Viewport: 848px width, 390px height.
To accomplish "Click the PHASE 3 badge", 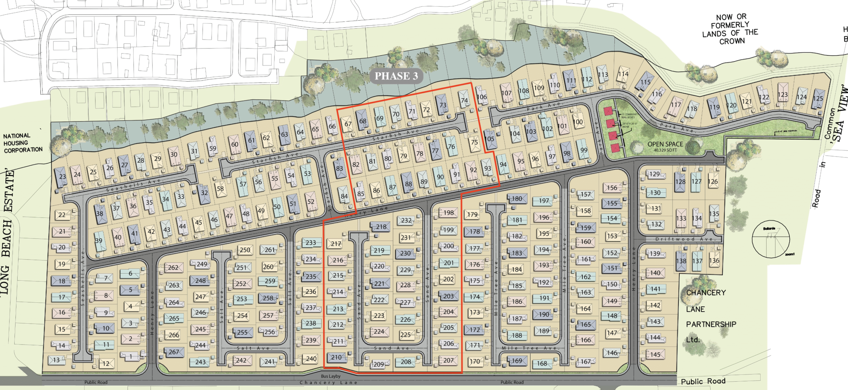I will click(396, 76).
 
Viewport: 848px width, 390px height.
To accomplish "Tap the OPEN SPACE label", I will click(665, 144).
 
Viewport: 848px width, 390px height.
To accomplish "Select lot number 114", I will click(623, 74).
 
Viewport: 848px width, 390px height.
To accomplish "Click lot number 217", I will click(336, 244).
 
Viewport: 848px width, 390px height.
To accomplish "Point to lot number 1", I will click(131, 357).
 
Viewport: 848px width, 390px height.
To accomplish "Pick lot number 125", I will click(818, 98).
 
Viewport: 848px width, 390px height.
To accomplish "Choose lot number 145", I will click(655, 355).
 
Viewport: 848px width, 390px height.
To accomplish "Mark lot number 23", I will click(63, 176).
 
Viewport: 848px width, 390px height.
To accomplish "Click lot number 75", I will click(475, 142).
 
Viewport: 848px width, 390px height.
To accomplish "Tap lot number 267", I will click(174, 352).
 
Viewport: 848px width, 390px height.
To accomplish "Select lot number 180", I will click(517, 199).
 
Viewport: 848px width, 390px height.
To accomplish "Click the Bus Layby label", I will click(331, 376).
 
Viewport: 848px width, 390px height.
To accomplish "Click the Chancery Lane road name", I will click(328, 383).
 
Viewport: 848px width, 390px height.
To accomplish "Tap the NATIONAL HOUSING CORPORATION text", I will click(23, 143).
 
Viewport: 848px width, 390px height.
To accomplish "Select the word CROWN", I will click(732, 41).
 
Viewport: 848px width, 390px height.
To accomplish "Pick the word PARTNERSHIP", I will click(711, 324).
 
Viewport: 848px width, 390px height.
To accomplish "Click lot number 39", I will click(99, 240).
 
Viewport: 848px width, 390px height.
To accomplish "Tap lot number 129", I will click(655, 174).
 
